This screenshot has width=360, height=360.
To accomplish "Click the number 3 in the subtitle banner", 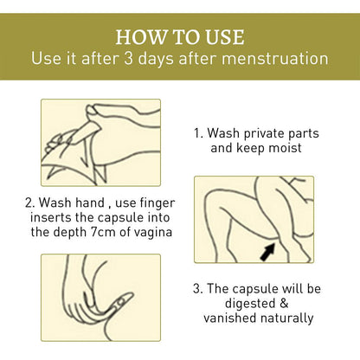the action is click(128, 58).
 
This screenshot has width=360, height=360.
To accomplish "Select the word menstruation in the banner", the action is click(275, 58).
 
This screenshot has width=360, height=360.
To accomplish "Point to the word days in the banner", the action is click(156, 59).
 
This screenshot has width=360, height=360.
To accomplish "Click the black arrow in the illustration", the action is click(267, 251).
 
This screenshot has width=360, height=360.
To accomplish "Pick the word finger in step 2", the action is click(157, 203).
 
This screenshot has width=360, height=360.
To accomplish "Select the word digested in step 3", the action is click(249, 304).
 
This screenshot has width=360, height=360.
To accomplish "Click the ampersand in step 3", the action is click(284, 304).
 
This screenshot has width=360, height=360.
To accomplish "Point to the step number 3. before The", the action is click(197, 289).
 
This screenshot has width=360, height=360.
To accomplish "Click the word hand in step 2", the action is click(90, 202).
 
